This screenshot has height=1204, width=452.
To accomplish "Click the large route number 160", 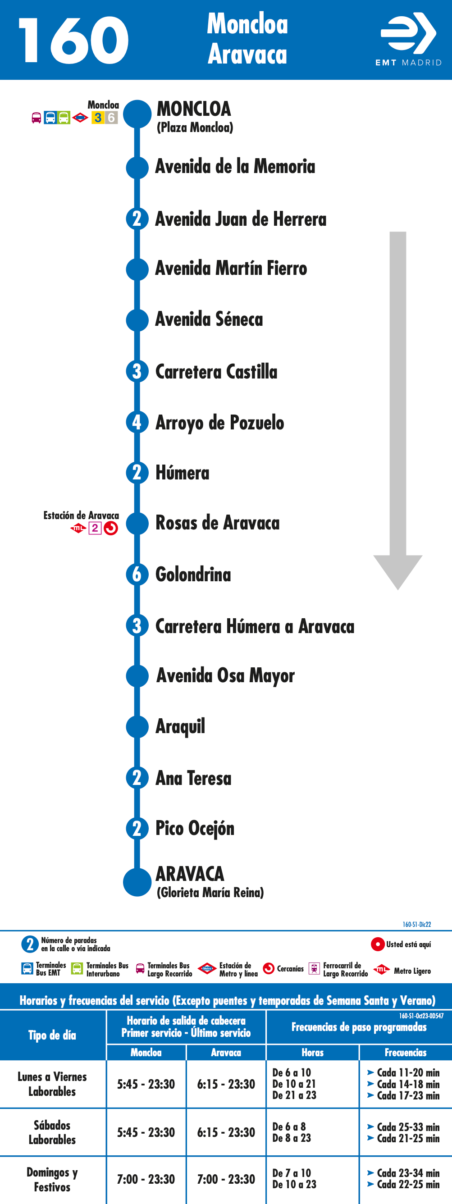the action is [73, 40].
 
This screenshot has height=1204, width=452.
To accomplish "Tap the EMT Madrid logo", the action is [409, 39].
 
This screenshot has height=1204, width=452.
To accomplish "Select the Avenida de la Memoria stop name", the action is [235, 166].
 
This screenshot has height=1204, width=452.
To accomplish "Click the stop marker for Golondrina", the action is [137, 574].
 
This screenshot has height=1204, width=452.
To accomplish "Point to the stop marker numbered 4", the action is [137, 422].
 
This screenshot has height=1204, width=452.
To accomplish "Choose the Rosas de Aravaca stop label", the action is [217, 523].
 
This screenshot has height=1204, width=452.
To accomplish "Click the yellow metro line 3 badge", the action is [98, 117].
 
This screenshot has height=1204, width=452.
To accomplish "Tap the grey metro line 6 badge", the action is [111, 117].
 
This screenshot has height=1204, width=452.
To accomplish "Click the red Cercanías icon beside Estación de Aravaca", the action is [111, 528].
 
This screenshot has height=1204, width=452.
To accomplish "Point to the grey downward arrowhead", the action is [398, 571].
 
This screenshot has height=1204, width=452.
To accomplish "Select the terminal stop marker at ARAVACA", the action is [137, 882].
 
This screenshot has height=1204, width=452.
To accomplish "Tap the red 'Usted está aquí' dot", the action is [378, 944].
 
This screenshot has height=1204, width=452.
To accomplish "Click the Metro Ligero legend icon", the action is [381, 969].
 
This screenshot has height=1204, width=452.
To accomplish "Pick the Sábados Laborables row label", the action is [52, 1132].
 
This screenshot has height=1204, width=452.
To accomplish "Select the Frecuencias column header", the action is [405, 1052].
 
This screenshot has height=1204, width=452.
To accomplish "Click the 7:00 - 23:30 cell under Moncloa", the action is [146, 1179].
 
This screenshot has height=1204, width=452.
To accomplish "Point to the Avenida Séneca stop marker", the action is [137, 319].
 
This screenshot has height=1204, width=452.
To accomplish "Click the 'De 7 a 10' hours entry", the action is [292, 1173].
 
